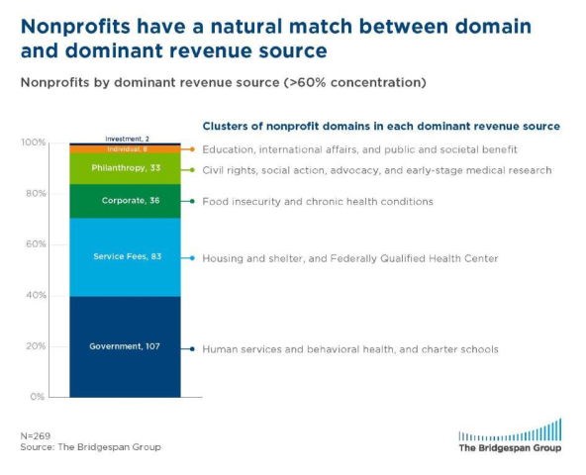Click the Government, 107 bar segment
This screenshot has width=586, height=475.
(125, 346)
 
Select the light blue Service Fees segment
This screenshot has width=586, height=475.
(125, 257)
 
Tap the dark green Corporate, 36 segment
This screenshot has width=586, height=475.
(125, 201)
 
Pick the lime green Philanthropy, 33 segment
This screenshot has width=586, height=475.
(125, 168)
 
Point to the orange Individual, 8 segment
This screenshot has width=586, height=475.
(125, 149)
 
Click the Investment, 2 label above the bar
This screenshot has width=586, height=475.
(127, 139)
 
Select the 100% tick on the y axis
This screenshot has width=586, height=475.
(34, 142)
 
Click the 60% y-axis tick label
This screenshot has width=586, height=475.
(36, 244)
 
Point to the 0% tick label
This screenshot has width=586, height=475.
(38, 397)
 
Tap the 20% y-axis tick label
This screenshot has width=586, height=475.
(36, 346)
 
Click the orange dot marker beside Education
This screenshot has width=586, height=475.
(192, 149)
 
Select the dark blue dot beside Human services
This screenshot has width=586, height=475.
(192, 349)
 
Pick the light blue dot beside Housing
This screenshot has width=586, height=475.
(192, 258)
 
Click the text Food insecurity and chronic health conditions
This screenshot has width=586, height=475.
(318, 202)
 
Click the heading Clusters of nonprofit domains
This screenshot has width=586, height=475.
(381, 127)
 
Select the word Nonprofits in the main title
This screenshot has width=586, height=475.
(75, 27)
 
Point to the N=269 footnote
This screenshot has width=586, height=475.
(36, 436)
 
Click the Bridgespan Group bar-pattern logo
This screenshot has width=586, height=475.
(510, 429)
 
